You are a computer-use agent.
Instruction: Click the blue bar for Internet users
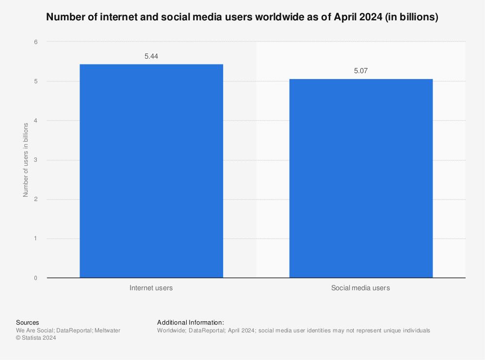pyautogui.click(x=151, y=171)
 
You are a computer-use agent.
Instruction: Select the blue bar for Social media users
pyautogui.click(x=361, y=178)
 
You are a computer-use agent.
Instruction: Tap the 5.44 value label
pyautogui.click(x=151, y=56)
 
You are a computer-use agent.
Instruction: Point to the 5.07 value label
pyautogui.click(x=361, y=71)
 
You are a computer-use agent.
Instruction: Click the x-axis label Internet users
pyautogui.click(x=151, y=288)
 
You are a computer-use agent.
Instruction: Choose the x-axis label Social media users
pyautogui.click(x=361, y=288)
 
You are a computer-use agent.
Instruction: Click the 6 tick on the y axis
pyautogui.click(x=36, y=42)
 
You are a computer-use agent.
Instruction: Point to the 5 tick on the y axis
pyautogui.click(x=36, y=81)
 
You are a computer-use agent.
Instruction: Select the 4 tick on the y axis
pyautogui.click(x=36, y=121)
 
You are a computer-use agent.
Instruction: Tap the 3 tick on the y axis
pyautogui.click(x=36, y=160)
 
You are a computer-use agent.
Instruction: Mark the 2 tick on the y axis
pyautogui.click(x=36, y=199)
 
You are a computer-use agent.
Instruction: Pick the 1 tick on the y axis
pyautogui.click(x=36, y=238)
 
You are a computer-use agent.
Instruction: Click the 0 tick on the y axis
pyautogui.click(x=36, y=278)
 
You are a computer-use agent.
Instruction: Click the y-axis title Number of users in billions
pyautogui.click(x=26, y=160)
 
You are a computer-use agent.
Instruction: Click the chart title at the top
pyautogui.click(x=242, y=18)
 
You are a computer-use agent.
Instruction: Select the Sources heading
pyautogui.click(x=28, y=322)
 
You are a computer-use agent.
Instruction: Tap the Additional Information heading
pyautogui.click(x=191, y=322)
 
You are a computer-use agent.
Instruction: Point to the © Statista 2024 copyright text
pyautogui.click(x=36, y=338)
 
